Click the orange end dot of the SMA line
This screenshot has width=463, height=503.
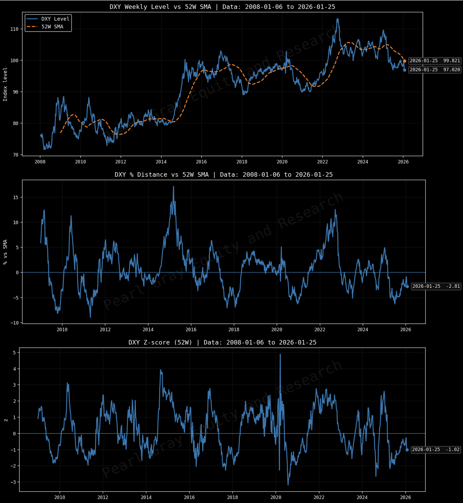[405, 61]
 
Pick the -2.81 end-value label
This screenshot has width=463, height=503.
[436, 286]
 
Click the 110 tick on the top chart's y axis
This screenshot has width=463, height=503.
[14, 29]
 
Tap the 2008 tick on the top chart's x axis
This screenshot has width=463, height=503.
[40, 162]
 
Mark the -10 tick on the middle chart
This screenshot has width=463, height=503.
[15, 323]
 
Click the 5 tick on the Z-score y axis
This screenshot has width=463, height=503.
[14, 353]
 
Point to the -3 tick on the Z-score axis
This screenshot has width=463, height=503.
[13, 482]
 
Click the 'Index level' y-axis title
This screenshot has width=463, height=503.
[5, 84]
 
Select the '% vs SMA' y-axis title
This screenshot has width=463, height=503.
[5, 252]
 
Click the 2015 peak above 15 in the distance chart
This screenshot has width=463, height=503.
[173, 187]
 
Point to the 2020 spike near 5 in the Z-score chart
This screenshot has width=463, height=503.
[280, 354]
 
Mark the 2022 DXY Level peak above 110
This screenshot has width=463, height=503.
[338, 19]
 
